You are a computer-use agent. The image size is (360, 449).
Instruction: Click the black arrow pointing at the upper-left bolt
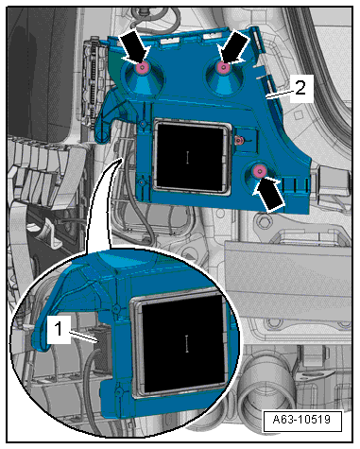pos(134,46)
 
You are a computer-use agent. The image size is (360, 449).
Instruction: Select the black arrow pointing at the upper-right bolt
pos(234,47)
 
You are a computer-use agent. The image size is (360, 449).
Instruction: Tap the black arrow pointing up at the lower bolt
pos(268,194)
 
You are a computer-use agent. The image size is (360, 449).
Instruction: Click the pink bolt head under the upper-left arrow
pos(142,67)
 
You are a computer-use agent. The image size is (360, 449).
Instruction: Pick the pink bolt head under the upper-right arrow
pos(223,67)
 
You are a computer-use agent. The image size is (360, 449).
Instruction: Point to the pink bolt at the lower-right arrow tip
pos(259,171)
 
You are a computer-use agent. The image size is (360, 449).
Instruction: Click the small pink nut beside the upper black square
pos(239,139)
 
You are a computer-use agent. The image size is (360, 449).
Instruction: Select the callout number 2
pos(300,88)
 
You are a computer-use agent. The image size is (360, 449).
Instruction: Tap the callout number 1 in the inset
pos(59,330)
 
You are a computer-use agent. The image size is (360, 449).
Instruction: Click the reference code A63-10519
pos(301,420)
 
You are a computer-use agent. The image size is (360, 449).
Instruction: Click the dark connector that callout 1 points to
pos(103,349)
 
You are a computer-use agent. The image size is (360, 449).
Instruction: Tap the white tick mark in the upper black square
pos(187,157)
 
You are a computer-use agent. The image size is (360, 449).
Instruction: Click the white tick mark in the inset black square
pos(187,343)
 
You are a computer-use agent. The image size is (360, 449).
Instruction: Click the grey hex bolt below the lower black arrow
pos(263,221)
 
